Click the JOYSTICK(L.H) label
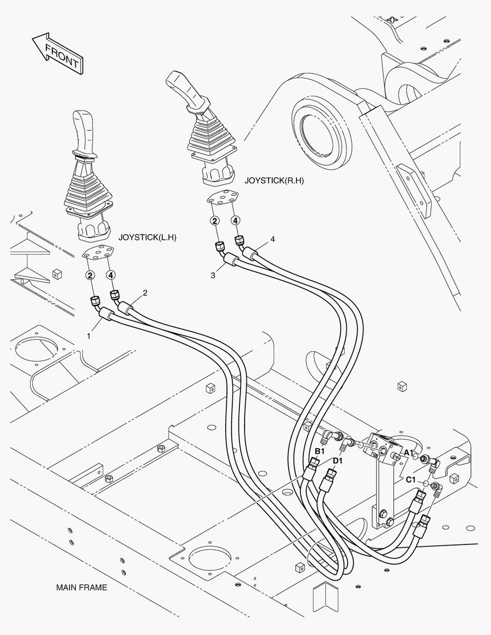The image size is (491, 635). point(148,238)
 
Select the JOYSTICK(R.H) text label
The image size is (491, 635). point(273,181)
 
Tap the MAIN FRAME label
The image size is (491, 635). point(82,587)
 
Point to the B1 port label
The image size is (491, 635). point(319,451)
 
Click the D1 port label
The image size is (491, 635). point(337,460)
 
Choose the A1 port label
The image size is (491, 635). point(409,452)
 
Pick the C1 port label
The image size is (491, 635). point(410,480)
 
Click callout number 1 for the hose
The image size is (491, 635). point(89,336)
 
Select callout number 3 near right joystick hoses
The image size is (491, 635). point(213,275)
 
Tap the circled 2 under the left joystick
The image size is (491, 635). point(90,275)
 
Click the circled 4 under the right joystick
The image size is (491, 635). point(235,220)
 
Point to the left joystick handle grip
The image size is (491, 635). point(82,131)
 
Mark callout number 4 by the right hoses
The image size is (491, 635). point(272,239)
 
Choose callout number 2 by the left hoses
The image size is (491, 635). point(145,292)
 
